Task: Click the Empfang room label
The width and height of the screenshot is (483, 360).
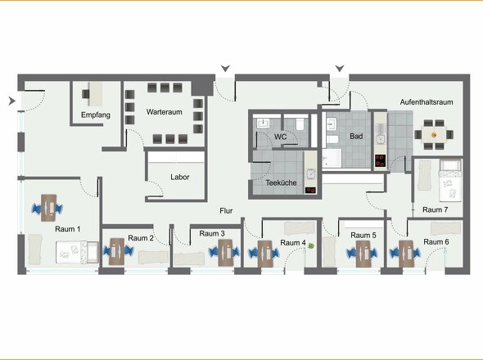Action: point(96,115)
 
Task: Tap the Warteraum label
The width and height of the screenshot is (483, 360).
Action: point(165,112)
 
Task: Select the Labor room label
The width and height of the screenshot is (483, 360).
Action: point(180,177)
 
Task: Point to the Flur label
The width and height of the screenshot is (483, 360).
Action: point(226,210)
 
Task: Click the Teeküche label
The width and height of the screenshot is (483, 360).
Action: point(281,182)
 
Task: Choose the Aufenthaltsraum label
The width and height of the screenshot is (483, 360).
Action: point(427,102)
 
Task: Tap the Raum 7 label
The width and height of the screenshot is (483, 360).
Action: point(435,209)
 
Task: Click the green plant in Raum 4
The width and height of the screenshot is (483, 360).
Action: point(311,245)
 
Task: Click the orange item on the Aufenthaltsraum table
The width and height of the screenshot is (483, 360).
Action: point(434,134)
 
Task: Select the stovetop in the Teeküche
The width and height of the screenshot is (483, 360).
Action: point(310,190)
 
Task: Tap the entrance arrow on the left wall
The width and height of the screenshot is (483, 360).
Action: point(11,101)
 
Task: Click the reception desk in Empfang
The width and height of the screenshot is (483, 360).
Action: point(96,93)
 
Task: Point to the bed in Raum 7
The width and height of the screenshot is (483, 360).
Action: point(450,181)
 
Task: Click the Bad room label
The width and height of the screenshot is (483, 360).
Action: point(356,136)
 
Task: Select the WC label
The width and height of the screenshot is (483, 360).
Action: point(280,137)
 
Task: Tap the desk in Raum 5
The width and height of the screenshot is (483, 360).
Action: point(363,254)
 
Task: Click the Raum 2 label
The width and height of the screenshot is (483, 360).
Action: point(141,238)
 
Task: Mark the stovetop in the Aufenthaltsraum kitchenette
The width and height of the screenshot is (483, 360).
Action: point(381,160)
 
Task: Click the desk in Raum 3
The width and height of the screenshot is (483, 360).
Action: point(225,253)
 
